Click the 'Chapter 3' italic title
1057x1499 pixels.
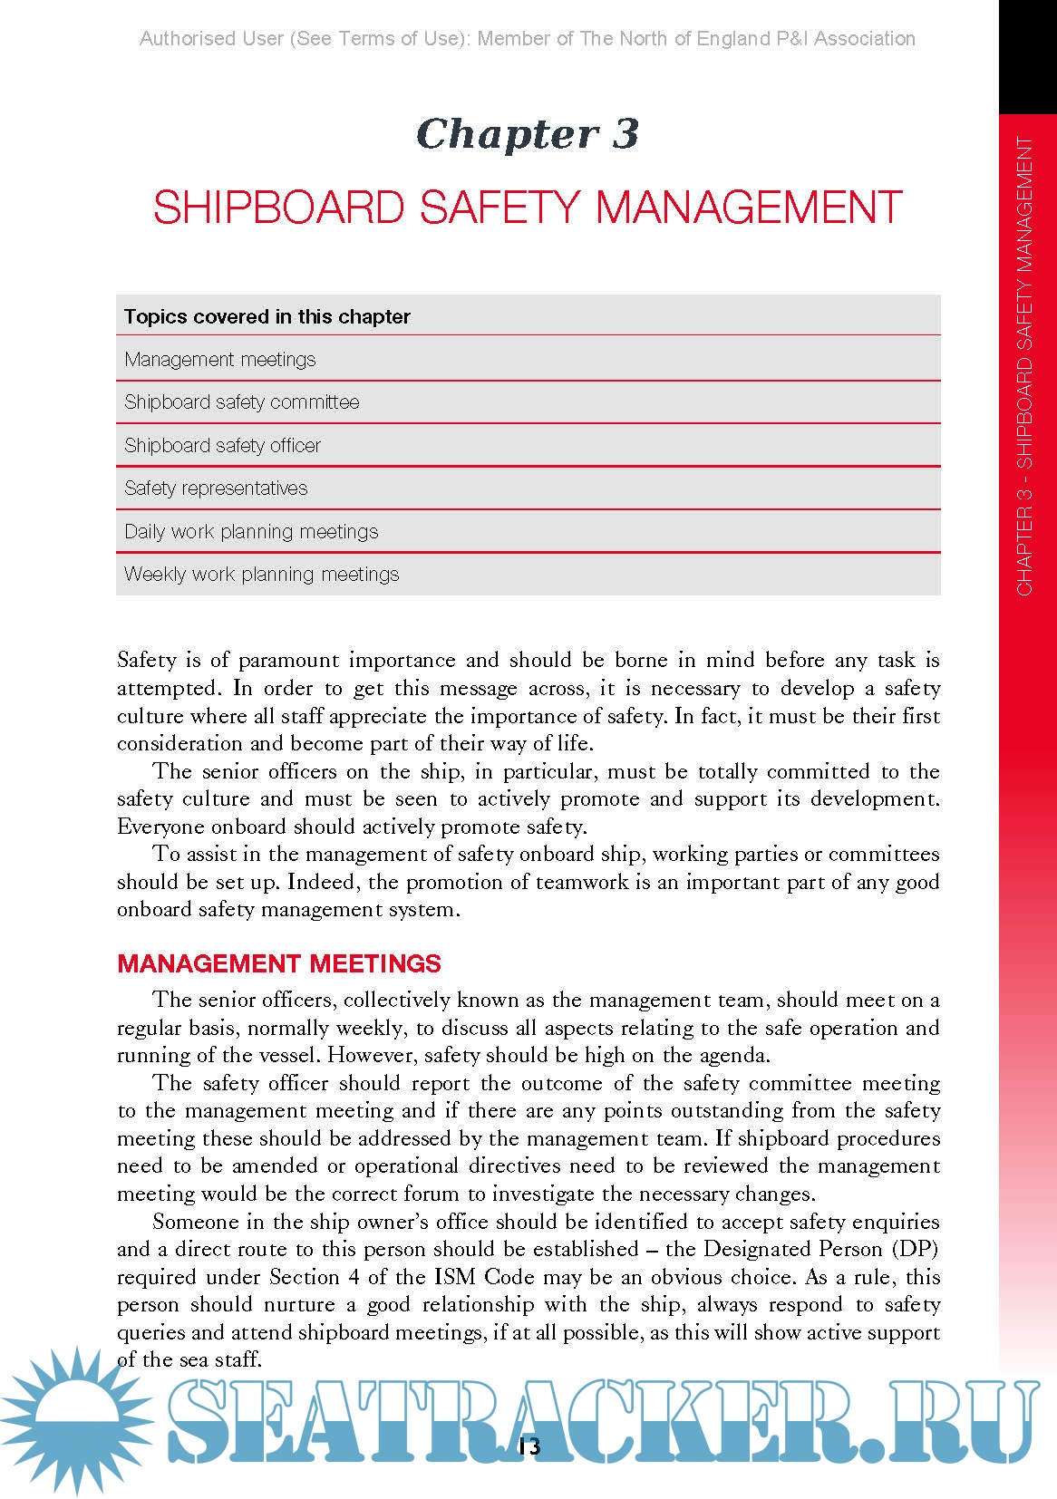(x=528, y=134)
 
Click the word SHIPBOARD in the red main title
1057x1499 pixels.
(x=278, y=208)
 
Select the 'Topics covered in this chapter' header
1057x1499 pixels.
(x=267, y=316)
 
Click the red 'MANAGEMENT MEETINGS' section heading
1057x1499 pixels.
(x=279, y=963)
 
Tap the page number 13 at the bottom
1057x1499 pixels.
(x=529, y=1446)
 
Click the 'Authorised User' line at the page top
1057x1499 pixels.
(x=528, y=39)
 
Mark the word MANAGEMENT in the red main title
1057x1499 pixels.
(x=749, y=208)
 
